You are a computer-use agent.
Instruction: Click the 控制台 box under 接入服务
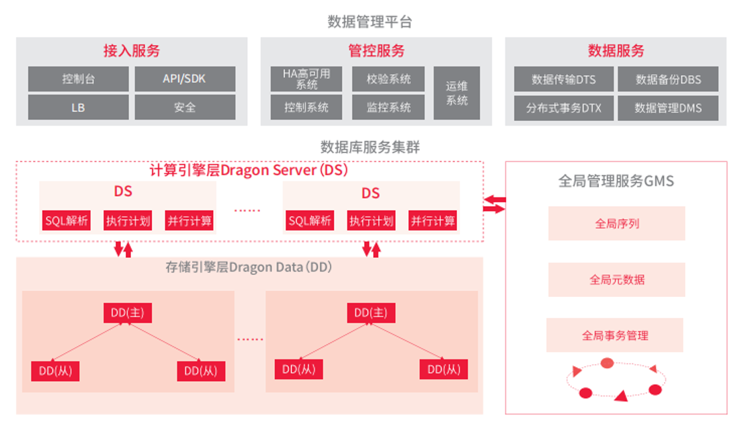coord(79,79)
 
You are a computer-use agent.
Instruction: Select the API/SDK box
coord(185,79)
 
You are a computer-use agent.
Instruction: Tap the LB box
coord(79,108)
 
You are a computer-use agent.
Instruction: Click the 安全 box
coord(185,108)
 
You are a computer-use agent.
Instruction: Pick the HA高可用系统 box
coord(306,79)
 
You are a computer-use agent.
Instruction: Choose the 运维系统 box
coord(456,93)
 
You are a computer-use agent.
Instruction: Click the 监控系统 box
coord(388,108)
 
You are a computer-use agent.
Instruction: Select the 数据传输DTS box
coord(563,79)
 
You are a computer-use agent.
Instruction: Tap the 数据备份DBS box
coord(668,79)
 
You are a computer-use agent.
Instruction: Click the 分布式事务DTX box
coord(563,108)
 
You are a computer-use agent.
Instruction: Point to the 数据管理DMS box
coord(668,108)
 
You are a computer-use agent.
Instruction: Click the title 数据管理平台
coord(370,22)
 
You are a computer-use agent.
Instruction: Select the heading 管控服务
coord(376,51)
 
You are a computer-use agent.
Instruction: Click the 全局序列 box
coord(616,224)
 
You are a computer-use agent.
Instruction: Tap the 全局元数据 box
coord(616,280)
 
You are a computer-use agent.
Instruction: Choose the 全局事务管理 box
coord(615,335)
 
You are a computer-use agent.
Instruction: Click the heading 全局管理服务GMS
coord(616,181)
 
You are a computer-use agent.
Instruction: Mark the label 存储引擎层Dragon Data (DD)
coord(249,267)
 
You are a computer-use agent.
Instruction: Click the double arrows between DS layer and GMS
coord(494,204)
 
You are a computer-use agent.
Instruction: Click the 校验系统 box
coord(388,79)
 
